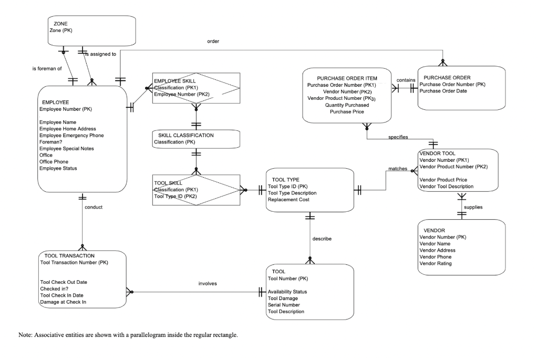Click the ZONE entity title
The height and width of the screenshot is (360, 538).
point(60,24)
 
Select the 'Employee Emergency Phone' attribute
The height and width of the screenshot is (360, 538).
point(71,136)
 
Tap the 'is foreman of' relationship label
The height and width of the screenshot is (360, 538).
point(47,69)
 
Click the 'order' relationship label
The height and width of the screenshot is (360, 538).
point(213,41)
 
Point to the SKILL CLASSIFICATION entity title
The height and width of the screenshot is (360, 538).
point(186,135)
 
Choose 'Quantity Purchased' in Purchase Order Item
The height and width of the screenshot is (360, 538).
point(347,105)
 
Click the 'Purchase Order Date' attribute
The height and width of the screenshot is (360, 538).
point(443,91)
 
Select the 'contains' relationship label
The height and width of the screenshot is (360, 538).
point(406,80)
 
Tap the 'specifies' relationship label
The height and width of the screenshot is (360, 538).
point(398,137)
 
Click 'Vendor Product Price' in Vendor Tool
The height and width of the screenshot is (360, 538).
point(443,180)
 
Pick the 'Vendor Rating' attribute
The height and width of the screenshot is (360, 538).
point(436,264)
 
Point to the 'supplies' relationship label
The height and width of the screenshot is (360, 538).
point(473,207)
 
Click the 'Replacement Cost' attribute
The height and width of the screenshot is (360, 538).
point(288,200)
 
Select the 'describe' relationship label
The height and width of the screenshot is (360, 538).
point(322,239)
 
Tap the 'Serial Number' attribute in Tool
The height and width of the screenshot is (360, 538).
point(284,305)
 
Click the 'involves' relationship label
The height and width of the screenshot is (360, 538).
point(208,283)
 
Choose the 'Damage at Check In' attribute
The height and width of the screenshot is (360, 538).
point(63,302)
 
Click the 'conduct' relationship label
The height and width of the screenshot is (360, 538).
point(94,207)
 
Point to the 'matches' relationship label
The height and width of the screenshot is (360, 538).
point(398,169)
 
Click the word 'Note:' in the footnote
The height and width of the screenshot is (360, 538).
point(26,335)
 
